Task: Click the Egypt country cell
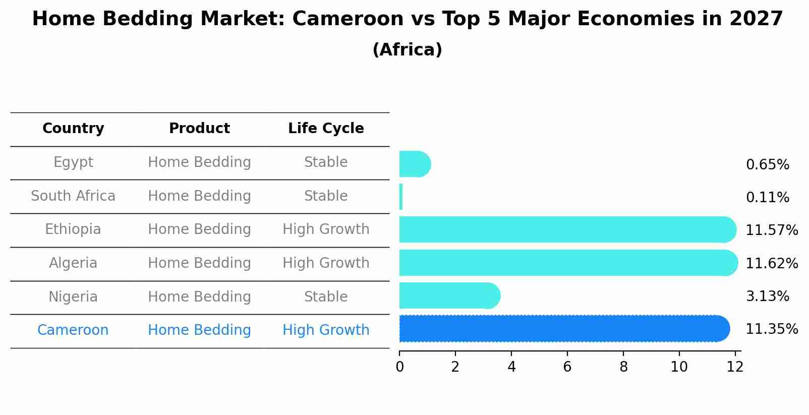pos(73,162)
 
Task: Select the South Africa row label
pos(73,196)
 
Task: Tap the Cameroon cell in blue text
pos(73,330)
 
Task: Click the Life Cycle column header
pos(326,129)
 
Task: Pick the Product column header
pos(199,129)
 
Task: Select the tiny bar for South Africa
pos(401,197)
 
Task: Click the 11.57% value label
pos(772,230)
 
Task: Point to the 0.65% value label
pos(767,165)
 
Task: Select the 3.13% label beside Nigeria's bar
pos(767,297)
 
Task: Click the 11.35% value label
pos(772,329)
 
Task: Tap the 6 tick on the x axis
pos(567,367)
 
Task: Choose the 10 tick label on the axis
pos(679,367)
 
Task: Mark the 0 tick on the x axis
pos(399,367)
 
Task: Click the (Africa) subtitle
pos(407,50)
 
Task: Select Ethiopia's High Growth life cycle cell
pos(326,229)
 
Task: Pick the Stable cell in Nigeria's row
pos(326,297)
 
